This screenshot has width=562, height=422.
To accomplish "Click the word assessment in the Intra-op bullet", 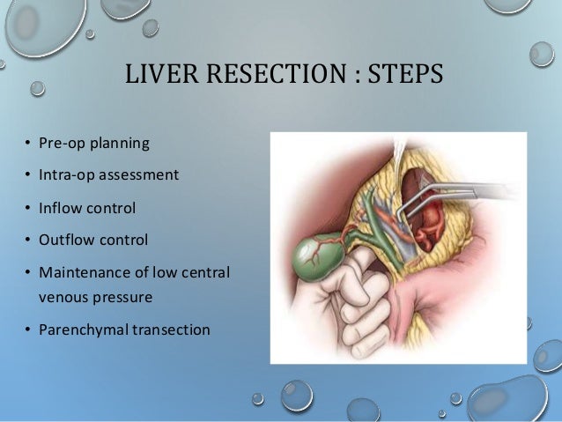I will click(x=139, y=174).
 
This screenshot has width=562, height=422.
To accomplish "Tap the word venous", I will click(x=63, y=297).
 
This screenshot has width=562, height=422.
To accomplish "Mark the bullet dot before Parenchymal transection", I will click(x=28, y=331).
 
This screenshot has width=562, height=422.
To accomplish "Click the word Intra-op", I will click(x=63, y=174).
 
